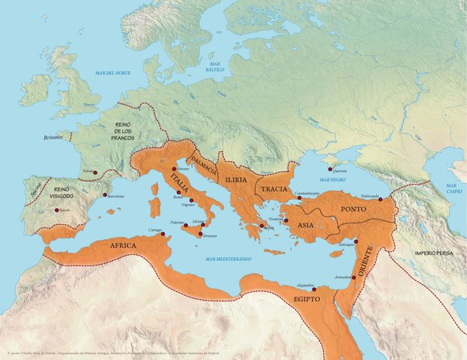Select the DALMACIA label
click(x=204, y=166)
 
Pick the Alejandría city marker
click(x=314, y=289)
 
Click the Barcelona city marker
click(x=104, y=195)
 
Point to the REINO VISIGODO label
click(x=62, y=193)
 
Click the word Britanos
click(x=53, y=139)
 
